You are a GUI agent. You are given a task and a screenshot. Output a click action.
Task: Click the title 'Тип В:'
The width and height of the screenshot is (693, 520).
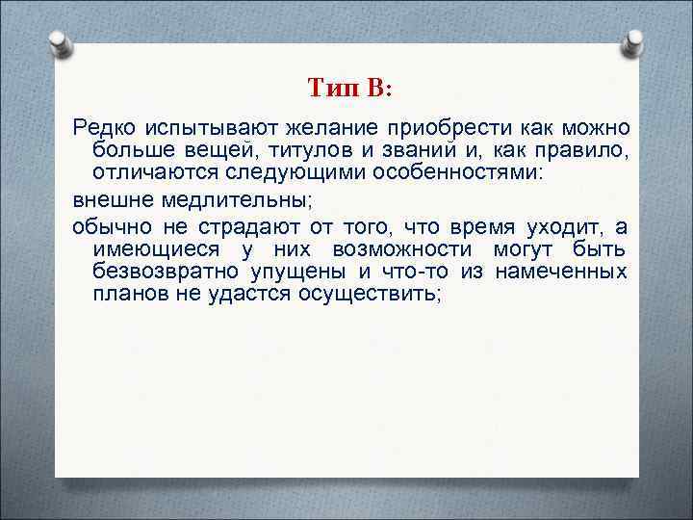349,89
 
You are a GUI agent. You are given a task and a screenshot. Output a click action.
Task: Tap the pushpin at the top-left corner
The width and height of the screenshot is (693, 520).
59,43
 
